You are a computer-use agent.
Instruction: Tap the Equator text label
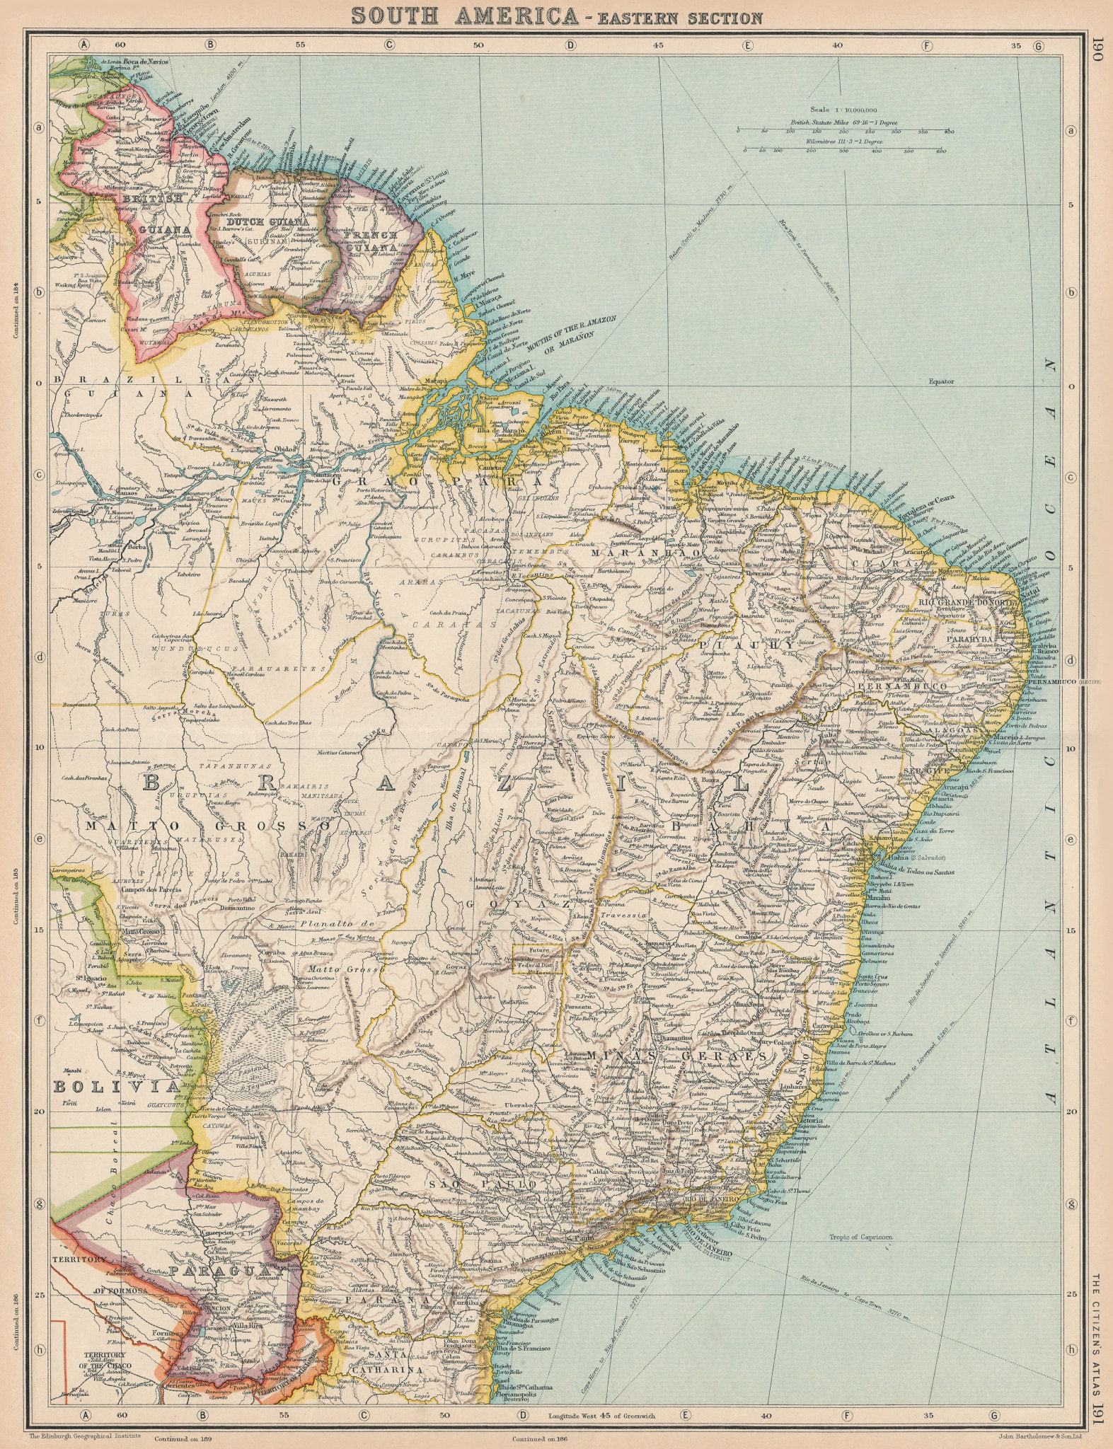tap(942, 381)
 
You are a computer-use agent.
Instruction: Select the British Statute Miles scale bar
tap(842, 131)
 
